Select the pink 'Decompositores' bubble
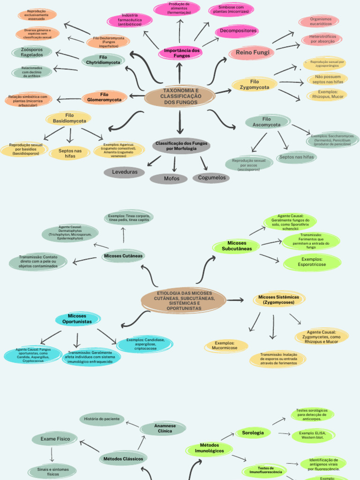[x=237, y=31]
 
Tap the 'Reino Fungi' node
[x=252, y=52]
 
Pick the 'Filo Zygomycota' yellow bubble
[x=255, y=84]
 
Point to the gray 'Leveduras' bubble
[x=125, y=172]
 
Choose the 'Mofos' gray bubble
[x=172, y=178]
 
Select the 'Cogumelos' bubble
[x=211, y=178]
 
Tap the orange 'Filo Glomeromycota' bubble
[x=104, y=97]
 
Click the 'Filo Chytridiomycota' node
[x=103, y=60]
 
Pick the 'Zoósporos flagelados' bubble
[x=32, y=52]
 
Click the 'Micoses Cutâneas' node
[x=123, y=256]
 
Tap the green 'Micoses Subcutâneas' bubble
[x=236, y=246]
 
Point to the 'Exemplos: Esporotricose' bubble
[x=312, y=262]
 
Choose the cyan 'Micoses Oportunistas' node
[x=77, y=319]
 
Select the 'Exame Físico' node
[x=55, y=439]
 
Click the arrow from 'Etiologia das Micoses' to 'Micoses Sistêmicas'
[x=235, y=300]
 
